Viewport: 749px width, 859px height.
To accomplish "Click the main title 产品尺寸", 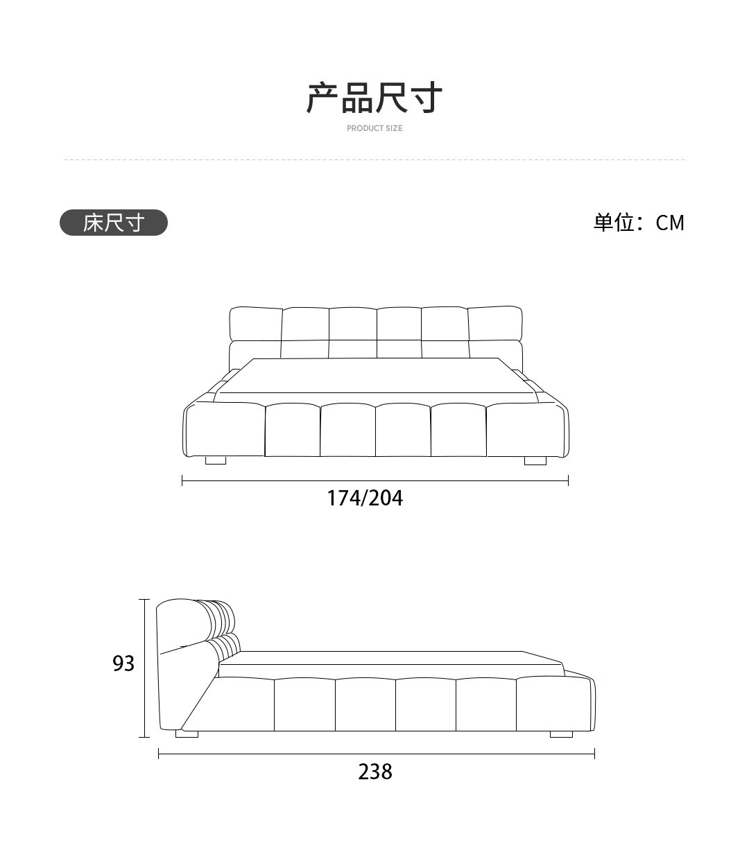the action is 374,97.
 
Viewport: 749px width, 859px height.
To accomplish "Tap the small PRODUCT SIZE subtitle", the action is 374,128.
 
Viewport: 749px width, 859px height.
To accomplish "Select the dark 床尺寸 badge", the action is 114,223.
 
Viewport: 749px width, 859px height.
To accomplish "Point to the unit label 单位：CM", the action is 638,223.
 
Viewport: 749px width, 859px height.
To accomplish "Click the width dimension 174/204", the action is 365,498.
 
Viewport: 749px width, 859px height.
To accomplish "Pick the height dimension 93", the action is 123,663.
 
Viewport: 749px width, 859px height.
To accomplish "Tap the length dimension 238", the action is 375,772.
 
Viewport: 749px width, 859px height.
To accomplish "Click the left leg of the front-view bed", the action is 216,460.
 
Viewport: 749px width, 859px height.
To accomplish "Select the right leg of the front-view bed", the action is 535,460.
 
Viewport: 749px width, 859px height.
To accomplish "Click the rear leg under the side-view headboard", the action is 187,734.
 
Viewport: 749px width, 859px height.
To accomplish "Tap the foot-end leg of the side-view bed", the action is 561,734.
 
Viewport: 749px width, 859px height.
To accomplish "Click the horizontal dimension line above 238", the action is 376,754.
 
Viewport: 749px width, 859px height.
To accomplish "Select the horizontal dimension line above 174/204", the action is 374,480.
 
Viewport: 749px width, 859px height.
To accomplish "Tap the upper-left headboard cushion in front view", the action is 255,323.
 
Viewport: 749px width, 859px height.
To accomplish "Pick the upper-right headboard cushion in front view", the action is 494,323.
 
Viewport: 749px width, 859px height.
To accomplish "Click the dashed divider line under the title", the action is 374,159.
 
